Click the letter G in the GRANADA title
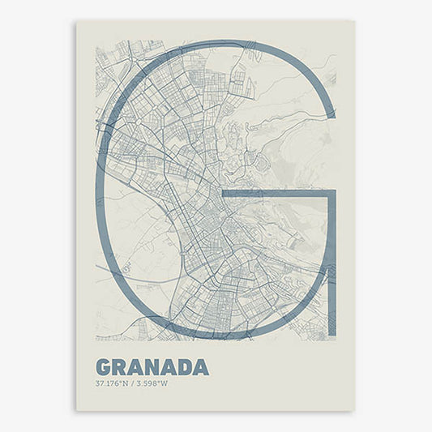[x=103, y=367]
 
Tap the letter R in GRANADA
[x=120, y=367]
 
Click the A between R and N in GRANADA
[x=136, y=367]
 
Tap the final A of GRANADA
[x=201, y=367]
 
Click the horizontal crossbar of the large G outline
[x=276, y=195]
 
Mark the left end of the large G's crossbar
[x=223, y=195]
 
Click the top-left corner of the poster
[x=76, y=21]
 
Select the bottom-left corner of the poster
[x=76, y=411]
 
